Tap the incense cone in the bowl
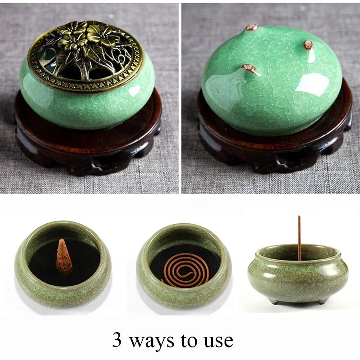pyautogui.click(x=64, y=257)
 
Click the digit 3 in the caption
pyautogui.click(x=117, y=340)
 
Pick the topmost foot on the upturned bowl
pyautogui.click(x=252, y=28)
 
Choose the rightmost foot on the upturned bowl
pyautogui.click(x=308, y=45)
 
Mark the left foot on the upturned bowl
pyautogui.click(x=249, y=69)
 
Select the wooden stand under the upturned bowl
pyautogui.click(x=274, y=148)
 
